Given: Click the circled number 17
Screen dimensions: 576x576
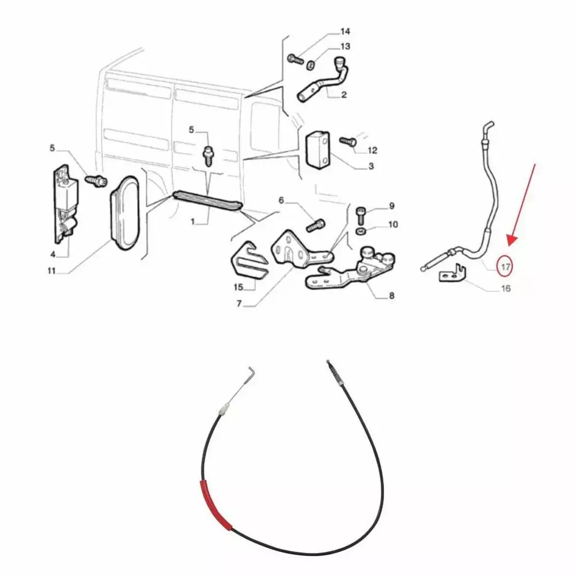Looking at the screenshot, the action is pyautogui.click(x=506, y=266).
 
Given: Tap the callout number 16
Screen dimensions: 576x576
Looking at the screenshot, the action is pyautogui.click(x=506, y=289).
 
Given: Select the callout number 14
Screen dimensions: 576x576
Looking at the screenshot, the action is pyautogui.click(x=345, y=31).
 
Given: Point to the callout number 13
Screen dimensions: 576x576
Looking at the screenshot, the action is pyautogui.click(x=345, y=46).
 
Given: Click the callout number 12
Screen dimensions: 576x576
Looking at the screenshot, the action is pyautogui.click(x=372, y=150).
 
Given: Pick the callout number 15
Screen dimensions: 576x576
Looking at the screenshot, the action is pyautogui.click(x=238, y=287).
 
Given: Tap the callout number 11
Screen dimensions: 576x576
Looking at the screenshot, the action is pyautogui.click(x=52, y=271).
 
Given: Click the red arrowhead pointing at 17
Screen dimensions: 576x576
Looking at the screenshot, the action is pyautogui.click(x=513, y=240).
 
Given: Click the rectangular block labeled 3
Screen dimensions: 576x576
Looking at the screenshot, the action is pyautogui.click(x=318, y=150).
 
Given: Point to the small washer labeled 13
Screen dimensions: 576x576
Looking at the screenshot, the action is pyautogui.click(x=310, y=65).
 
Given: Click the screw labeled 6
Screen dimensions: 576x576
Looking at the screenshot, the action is pyautogui.click(x=316, y=225).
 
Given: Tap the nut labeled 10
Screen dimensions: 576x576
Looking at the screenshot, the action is pyautogui.click(x=361, y=232).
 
